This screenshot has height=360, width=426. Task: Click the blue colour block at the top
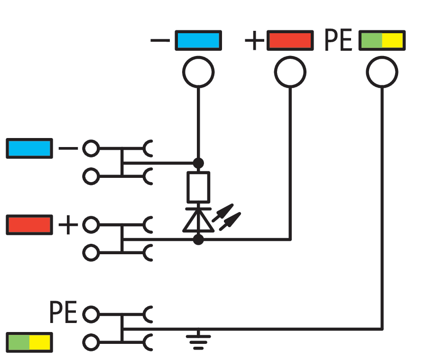point(198,40)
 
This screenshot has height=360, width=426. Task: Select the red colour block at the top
point(290,40)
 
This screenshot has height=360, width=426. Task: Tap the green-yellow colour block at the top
point(382,40)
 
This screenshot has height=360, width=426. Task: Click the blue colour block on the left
point(29,148)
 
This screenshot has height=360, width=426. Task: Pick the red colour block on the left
point(29,225)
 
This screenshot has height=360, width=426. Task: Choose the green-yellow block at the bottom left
point(29,342)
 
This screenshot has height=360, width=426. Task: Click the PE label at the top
point(339,40)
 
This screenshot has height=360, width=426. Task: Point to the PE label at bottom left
point(63,312)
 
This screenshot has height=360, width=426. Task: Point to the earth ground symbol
point(198,339)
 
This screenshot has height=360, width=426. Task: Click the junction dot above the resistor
point(198,163)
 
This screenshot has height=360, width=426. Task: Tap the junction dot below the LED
point(198,240)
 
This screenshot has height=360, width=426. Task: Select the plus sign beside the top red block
point(255,40)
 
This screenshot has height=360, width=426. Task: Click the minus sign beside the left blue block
point(68,148)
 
